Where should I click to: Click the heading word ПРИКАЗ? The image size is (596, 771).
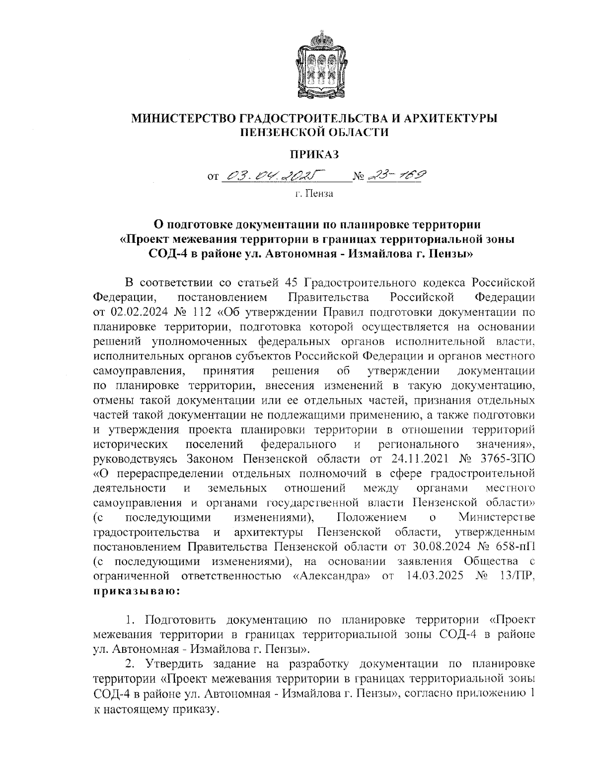(x=314, y=154)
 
